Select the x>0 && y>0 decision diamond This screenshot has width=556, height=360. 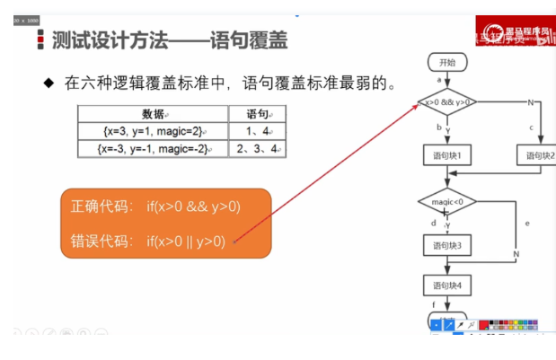click(446, 102)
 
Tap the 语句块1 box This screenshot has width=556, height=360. click(446, 156)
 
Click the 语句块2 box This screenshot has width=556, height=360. click(537, 156)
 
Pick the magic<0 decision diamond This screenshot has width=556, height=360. click(446, 201)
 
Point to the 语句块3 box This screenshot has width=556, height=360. click(446, 244)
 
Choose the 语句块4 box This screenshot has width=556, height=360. click(446, 285)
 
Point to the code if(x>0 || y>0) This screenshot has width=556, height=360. click(186, 241)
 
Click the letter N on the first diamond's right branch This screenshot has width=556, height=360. click(531, 102)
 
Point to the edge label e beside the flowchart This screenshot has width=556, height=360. click(526, 222)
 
